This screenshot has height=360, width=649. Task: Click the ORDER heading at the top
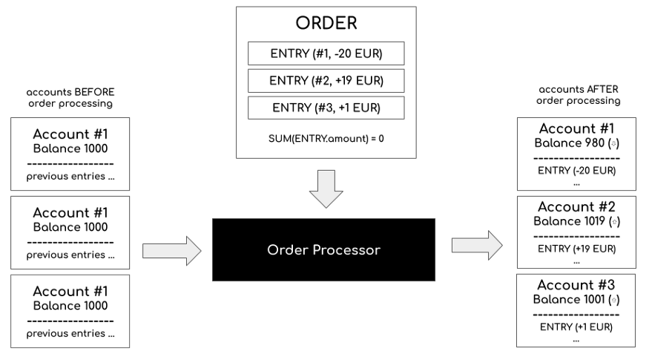(326, 23)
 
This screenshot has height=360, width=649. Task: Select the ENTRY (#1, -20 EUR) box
(326, 53)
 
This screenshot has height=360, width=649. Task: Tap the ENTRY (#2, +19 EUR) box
(326, 80)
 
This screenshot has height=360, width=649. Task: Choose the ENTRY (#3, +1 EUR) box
(326, 108)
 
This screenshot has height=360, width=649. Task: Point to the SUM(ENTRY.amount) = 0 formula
(326, 139)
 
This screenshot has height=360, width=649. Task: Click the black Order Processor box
(323, 250)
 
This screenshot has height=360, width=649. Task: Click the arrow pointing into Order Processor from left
(171, 250)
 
